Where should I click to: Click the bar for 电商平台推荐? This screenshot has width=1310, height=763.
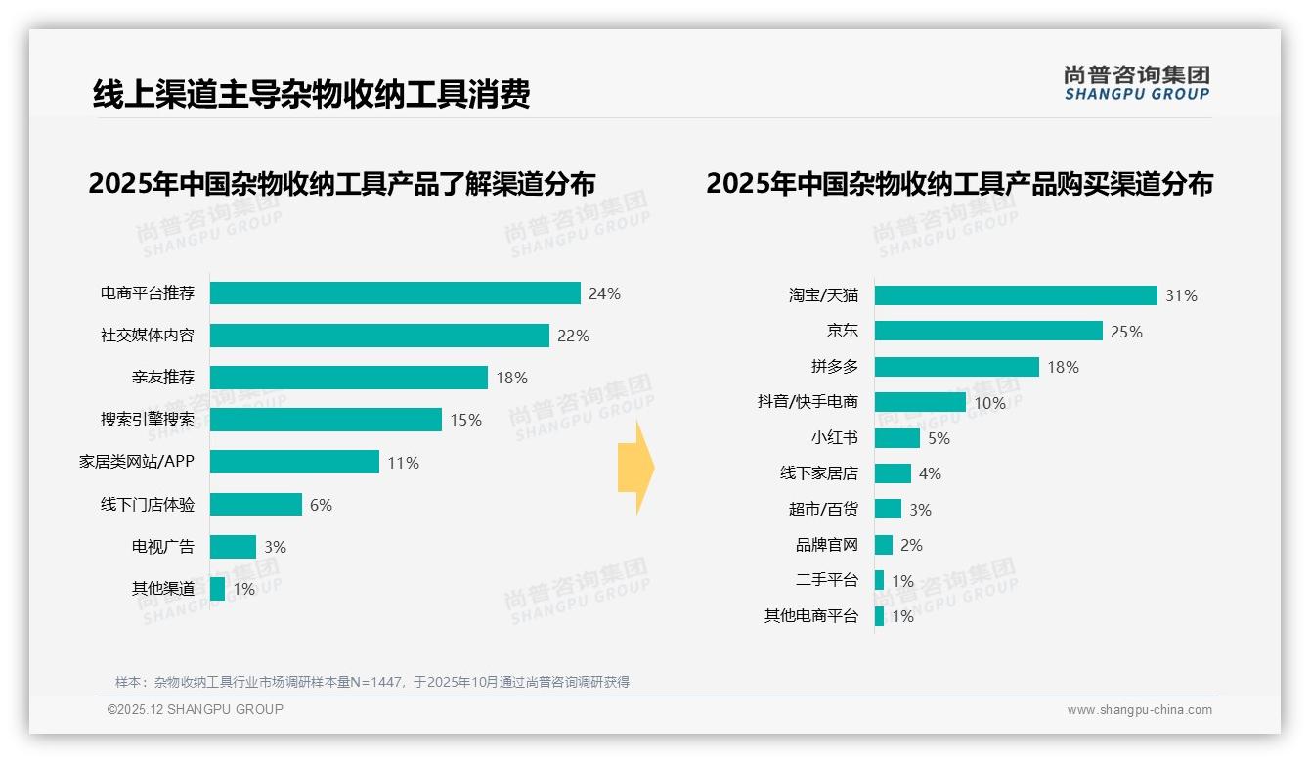[x=395, y=293]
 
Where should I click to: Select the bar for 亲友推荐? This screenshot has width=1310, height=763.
[x=348, y=378]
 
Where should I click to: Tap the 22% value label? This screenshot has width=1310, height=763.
[x=573, y=336]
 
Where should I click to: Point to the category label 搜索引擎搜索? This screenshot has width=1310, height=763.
[x=148, y=420]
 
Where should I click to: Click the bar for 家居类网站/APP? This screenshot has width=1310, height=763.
[x=294, y=462]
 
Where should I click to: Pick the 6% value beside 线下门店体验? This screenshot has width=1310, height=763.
[x=321, y=505]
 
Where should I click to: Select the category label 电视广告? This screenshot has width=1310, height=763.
[x=163, y=547]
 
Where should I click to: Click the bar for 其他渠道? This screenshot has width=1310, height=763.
[x=217, y=589]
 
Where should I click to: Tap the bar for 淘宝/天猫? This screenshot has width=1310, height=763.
[x=1016, y=295]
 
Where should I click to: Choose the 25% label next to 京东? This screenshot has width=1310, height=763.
[x=1126, y=332]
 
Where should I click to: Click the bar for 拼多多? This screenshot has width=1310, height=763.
[x=956, y=367]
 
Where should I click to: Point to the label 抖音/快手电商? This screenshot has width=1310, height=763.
[x=808, y=402]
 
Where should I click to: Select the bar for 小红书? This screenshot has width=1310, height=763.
[x=896, y=438]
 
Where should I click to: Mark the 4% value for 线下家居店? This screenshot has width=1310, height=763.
[x=930, y=473]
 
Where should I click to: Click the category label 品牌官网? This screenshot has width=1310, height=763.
[x=826, y=545]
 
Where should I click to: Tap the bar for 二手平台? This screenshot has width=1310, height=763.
[x=879, y=580]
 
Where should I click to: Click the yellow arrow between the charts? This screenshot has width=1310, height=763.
[x=635, y=468]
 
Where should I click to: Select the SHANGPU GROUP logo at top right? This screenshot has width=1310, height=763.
[x=1136, y=82]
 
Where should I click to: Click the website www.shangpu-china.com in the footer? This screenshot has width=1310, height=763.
[x=1139, y=710]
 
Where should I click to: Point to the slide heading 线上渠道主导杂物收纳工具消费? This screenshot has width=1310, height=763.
[x=311, y=94]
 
